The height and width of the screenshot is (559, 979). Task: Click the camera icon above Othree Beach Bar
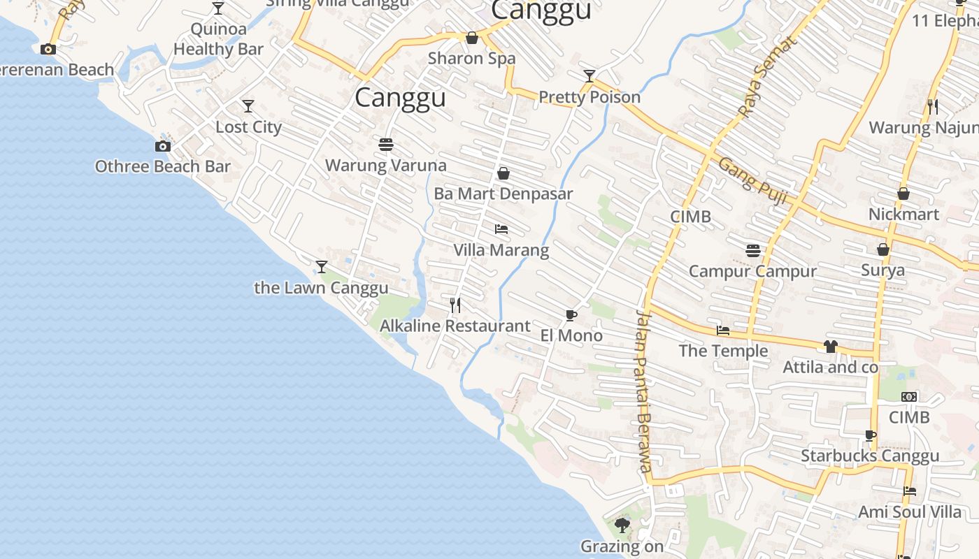click(x=162, y=146)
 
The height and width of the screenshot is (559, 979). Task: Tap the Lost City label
click(x=248, y=127)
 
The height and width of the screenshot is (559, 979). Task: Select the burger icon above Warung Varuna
click(x=385, y=145)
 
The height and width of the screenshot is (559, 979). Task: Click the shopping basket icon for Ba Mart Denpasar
click(x=503, y=173)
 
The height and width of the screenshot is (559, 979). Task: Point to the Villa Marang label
click(x=501, y=250)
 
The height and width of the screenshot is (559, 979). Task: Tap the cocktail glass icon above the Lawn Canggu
click(x=321, y=267)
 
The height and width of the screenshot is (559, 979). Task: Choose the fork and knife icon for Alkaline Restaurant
click(x=455, y=305)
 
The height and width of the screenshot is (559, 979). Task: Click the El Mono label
click(x=571, y=335)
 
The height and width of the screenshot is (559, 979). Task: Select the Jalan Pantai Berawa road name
click(x=643, y=391)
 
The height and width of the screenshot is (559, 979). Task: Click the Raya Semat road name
click(x=767, y=77)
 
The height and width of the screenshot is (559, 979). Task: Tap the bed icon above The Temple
click(x=723, y=331)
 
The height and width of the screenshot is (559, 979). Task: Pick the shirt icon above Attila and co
click(x=830, y=347)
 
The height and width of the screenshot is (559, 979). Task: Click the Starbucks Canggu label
click(x=870, y=456)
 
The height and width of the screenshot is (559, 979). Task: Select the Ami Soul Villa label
click(x=910, y=512)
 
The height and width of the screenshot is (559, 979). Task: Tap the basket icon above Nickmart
click(x=903, y=194)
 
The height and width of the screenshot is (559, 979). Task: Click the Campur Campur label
click(x=752, y=271)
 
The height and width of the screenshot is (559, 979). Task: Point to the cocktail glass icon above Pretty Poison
click(x=589, y=76)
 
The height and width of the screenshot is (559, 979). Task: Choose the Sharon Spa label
click(x=471, y=58)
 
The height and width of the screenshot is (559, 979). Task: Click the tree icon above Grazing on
click(x=622, y=525)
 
